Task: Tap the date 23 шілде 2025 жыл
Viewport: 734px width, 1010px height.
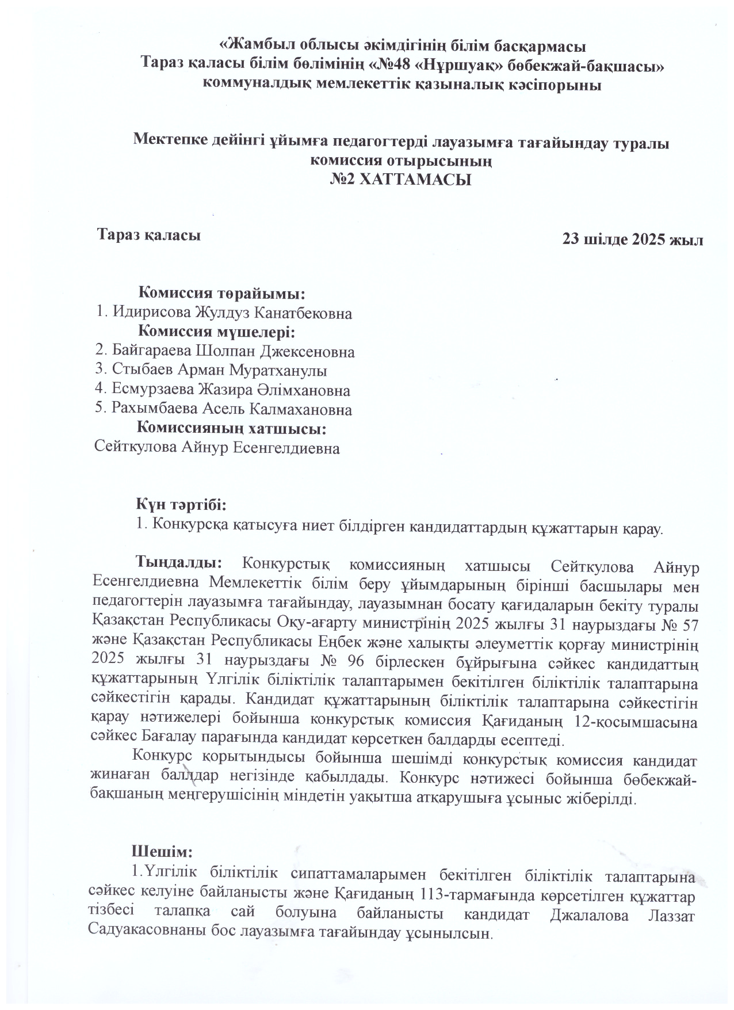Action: [633, 239]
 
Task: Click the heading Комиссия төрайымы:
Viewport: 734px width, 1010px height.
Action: [223, 294]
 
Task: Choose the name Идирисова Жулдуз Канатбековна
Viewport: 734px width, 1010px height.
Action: [232, 313]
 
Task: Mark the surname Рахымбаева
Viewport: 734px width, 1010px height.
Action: [152, 410]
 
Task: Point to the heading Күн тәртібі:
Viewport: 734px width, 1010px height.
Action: [182, 505]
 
